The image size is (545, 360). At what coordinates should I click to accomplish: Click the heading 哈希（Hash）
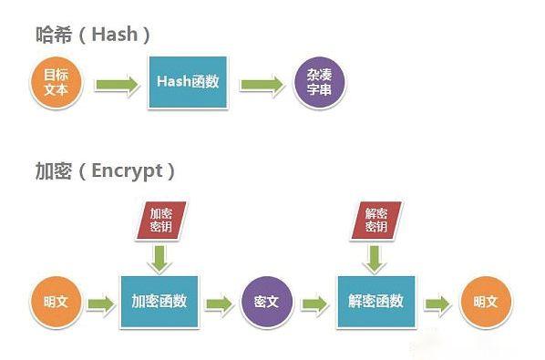(87, 35)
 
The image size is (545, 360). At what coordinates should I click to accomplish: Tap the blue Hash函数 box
(189, 83)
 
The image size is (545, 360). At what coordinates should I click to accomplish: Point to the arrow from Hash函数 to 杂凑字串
(263, 85)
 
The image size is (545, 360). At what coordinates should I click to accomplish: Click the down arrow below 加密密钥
(160, 258)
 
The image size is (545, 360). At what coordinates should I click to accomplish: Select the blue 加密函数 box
(159, 302)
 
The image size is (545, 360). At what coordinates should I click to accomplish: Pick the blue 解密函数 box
(375, 302)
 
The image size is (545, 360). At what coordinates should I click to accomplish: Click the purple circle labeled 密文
(266, 302)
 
